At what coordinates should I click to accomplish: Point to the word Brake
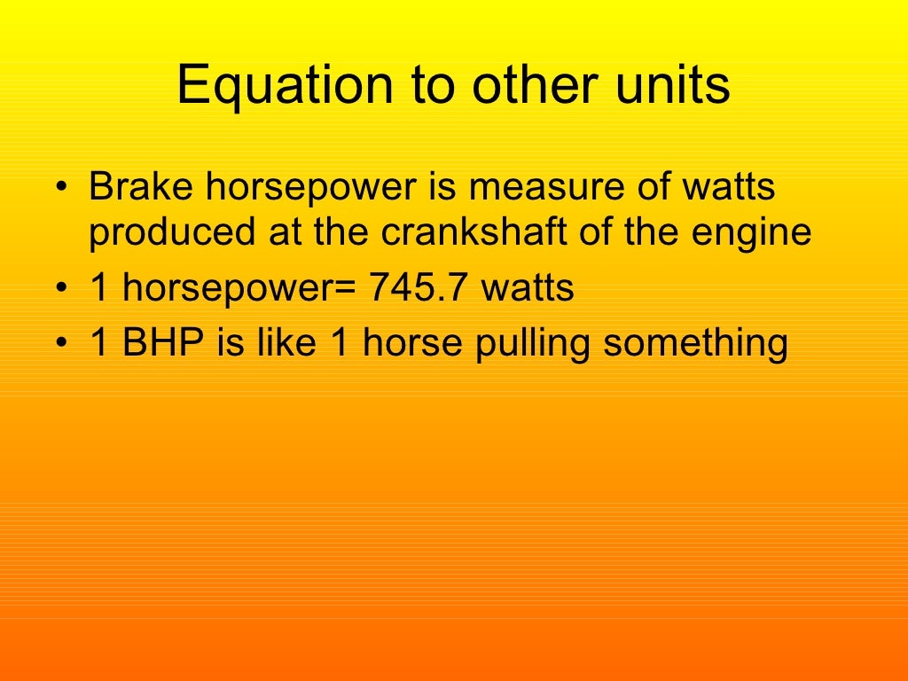click(137, 187)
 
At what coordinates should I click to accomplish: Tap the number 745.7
click(416, 288)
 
